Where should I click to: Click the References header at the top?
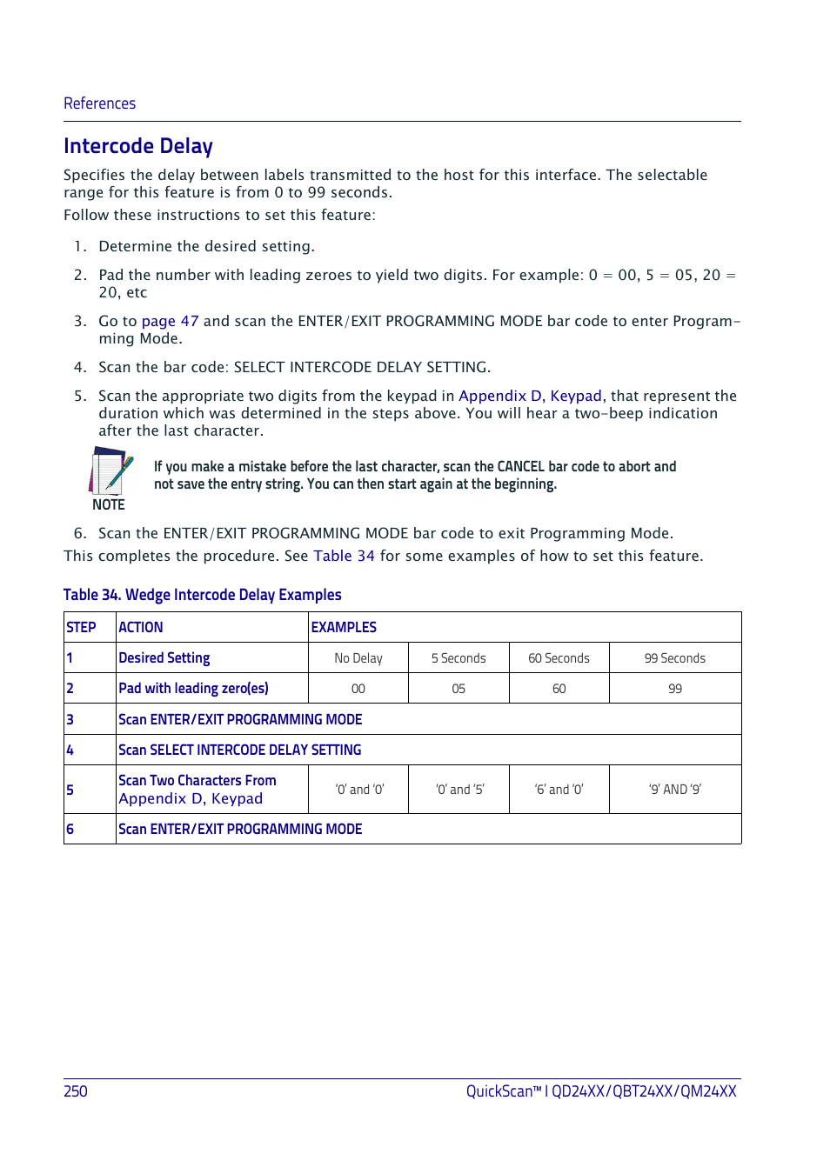(99, 103)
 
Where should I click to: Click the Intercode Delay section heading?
(137, 146)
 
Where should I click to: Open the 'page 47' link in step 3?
(170, 321)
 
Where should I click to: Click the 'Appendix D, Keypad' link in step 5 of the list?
(530, 396)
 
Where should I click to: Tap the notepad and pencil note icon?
(110, 472)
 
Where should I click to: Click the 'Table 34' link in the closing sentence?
(344, 556)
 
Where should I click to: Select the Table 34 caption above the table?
(202, 595)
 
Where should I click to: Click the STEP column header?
(81, 627)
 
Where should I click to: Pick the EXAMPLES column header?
(344, 627)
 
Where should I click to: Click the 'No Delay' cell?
(358, 658)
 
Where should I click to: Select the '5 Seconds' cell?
(459, 658)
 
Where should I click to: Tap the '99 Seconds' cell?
(674, 658)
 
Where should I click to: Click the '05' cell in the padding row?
(459, 689)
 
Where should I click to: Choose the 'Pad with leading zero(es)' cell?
(193, 689)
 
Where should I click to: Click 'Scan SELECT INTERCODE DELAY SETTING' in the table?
(239, 750)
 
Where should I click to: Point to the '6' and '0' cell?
(559, 790)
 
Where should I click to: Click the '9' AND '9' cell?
(674, 790)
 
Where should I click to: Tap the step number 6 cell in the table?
(70, 829)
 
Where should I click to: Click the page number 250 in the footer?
(76, 1091)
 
